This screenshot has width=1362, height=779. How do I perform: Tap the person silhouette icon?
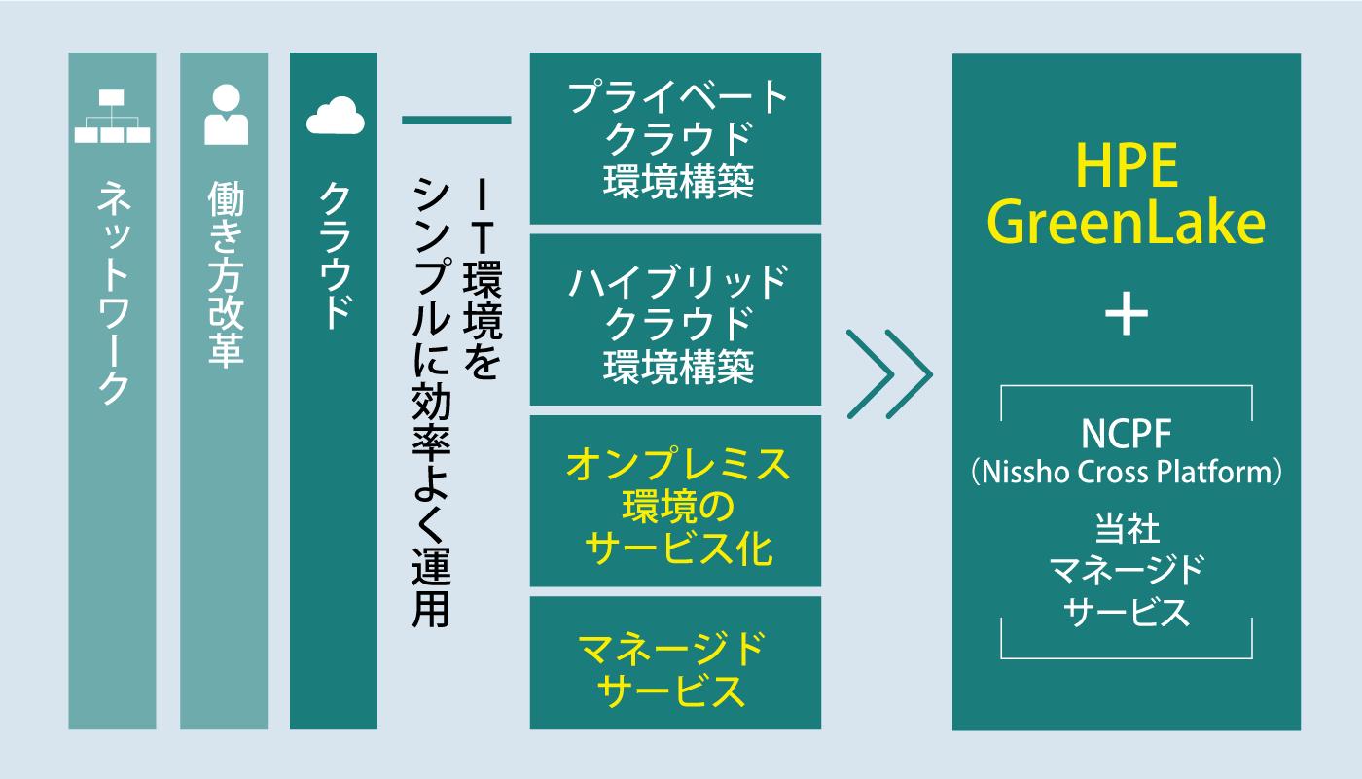click(x=225, y=115)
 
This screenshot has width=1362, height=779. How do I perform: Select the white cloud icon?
click(x=335, y=116)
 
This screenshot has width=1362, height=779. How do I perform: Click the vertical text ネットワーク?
click(x=113, y=292)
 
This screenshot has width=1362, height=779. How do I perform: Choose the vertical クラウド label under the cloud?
click(x=335, y=258)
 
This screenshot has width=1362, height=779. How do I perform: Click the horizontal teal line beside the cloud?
click(x=456, y=120)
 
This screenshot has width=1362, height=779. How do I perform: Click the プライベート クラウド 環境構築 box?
click(x=676, y=138)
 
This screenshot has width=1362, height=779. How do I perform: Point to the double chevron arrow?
click(x=888, y=374)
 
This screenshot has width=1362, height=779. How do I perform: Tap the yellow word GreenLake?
click(x=1127, y=224)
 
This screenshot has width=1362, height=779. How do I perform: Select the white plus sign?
click(x=1127, y=316)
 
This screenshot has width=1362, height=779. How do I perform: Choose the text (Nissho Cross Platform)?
click(x=1127, y=474)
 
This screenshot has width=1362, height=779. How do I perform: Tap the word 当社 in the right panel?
click(x=1127, y=532)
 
